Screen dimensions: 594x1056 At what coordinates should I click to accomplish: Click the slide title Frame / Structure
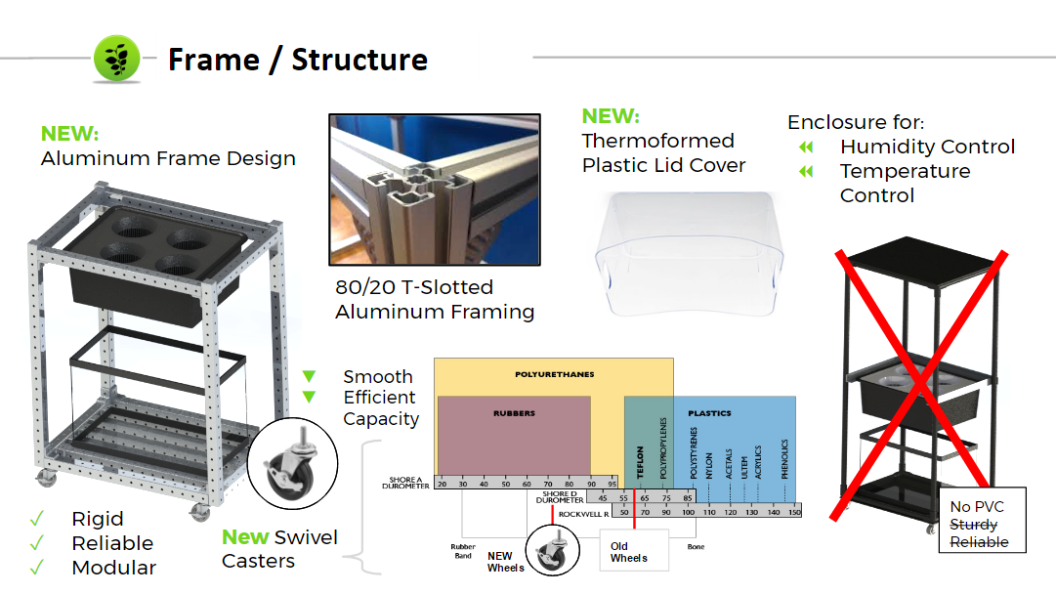[298, 60]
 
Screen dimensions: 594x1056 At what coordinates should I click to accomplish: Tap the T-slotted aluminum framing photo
[434, 190]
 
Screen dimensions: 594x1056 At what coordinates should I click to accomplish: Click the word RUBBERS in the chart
[514, 413]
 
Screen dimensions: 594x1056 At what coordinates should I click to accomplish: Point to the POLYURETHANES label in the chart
[554, 374]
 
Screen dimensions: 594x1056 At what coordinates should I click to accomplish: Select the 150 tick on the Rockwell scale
[793, 512]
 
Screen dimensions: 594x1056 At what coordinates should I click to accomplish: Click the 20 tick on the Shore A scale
[442, 484]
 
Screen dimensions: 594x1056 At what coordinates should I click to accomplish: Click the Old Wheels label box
[629, 552]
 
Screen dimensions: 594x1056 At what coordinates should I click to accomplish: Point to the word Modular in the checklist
[113, 568]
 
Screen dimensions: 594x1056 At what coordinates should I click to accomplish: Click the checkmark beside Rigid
[37, 519]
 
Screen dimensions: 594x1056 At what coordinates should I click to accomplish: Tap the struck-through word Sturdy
[973, 525]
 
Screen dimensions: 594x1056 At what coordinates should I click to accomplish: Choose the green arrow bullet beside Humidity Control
[806, 148]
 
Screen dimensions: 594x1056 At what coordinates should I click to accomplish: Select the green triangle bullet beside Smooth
[309, 376]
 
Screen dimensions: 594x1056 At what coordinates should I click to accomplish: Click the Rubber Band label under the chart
[463, 551]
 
